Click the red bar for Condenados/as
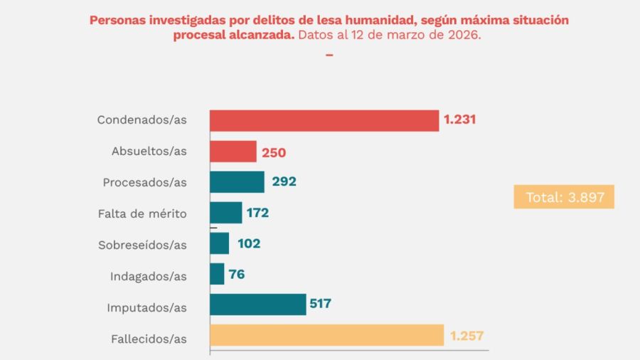click(324, 120)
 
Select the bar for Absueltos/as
click(233, 152)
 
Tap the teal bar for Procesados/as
click(237, 182)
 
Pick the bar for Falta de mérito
click(226, 213)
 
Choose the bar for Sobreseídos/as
click(220, 243)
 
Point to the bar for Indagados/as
click(217, 274)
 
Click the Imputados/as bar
click(258, 305)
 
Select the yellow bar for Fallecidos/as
click(327, 335)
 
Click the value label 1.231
click(459, 120)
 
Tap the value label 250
click(274, 152)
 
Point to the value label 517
click(320, 304)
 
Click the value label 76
click(238, 274)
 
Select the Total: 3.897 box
click(564, 197)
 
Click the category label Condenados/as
click(142, 120)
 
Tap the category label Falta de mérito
click(142, 213)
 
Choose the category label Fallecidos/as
click(149, 339)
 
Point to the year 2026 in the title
click(465, 35)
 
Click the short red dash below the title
click(329, 54)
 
